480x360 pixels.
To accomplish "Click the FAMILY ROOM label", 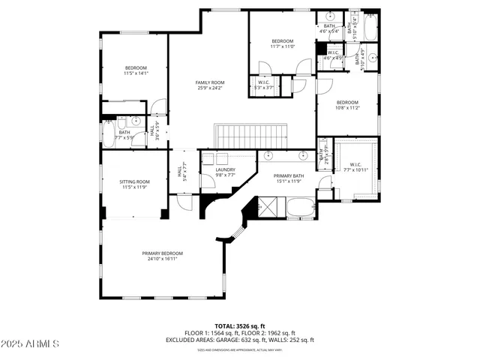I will point(210,82).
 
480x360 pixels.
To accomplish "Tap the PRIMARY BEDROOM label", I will point(163,253).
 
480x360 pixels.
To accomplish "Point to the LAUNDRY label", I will point(226,169).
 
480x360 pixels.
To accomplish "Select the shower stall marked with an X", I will point(268,206).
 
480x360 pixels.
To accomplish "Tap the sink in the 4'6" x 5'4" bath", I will point(331,17).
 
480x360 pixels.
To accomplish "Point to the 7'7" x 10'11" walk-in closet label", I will point(355,167).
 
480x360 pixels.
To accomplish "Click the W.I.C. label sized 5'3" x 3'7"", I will point(264,85).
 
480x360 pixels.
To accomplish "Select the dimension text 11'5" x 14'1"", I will point(136,73).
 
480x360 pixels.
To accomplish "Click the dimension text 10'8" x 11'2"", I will point(347,108).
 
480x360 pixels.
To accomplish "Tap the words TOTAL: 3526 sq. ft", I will point(240,326).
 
